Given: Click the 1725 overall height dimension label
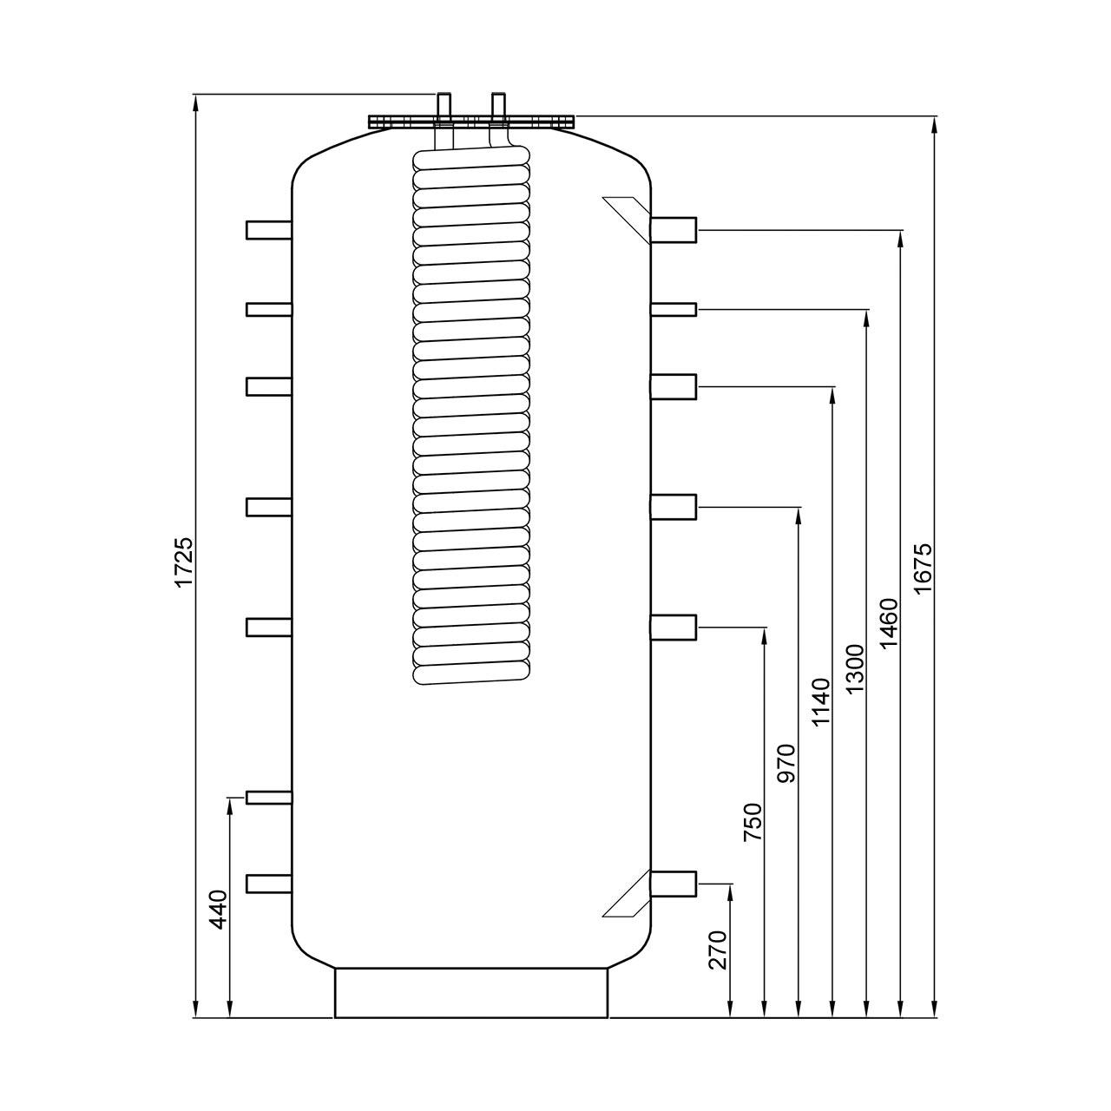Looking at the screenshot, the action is coord(184,562).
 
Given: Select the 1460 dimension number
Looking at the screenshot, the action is coord(890,623).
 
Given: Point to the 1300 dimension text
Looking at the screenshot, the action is coord(856,669).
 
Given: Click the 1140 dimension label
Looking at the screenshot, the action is coord(821,702).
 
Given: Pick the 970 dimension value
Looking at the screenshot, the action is coord(787,763).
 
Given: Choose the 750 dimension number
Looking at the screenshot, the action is coord(753,823).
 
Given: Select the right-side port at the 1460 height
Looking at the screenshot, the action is coord(674,229).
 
